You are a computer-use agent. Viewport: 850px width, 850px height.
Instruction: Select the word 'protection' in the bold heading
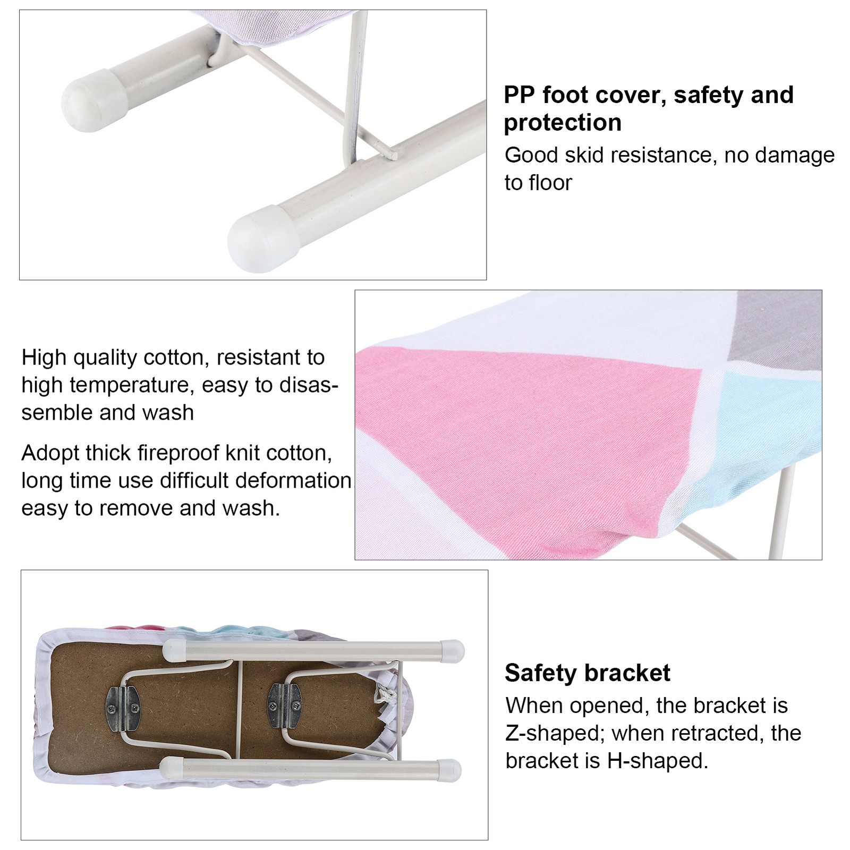pyautogui.click(x=563, y=123)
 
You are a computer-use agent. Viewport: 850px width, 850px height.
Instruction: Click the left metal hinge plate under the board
pyautogui.click(x=125, y=707)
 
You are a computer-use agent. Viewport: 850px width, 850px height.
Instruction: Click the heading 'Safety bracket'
pyautogui.click(x=587, y=673)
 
